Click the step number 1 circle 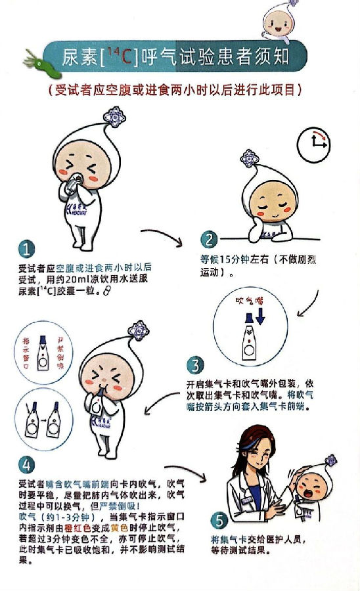tap(26, 249)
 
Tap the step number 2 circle tap(209, 239)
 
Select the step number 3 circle tap(195, 365)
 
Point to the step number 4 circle tap(26, 464)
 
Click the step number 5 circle tap(219, 521)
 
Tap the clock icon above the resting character tap(313, 144)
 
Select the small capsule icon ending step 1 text tap(107, 291)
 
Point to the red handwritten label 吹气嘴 tap(249, 300)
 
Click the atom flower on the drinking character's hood tap(114, 118)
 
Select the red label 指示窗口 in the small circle tap(26, 353)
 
